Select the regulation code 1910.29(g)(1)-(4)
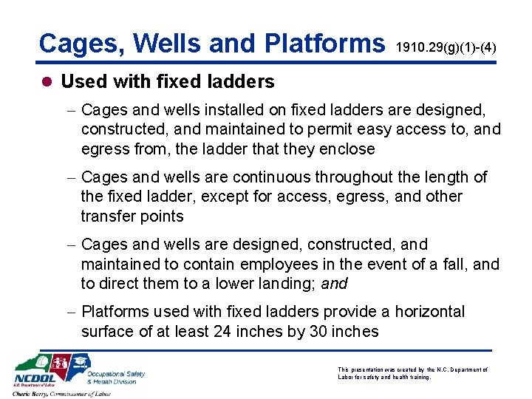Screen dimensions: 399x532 click(x=446, y=48)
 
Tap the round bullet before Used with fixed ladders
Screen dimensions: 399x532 click(x=47, y=82)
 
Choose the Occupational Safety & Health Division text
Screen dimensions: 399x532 click(x=116, y=378)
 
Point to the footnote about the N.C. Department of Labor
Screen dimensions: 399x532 click(x=412, y=373)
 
